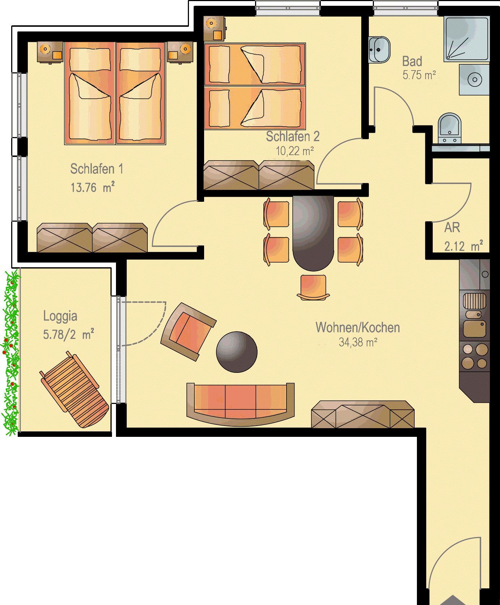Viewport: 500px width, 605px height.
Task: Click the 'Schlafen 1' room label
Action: [x=96, y=169]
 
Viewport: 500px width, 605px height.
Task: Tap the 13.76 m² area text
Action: [x=93, y=188]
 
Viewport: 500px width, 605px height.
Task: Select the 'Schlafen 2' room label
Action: [x=293, y=136]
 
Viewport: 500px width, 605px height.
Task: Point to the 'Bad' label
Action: [x=412, y=61]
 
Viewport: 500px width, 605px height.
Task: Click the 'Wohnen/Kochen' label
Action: [x=358, y=327]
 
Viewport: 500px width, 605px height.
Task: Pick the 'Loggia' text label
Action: [x=60, y=316]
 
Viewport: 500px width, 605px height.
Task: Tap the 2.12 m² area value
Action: [x=464, y=247]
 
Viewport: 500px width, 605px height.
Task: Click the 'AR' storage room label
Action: [x=452, y=227]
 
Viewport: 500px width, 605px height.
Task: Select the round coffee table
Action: [x=237, y=352]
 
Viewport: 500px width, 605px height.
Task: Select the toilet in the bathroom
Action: [x=449, y=129]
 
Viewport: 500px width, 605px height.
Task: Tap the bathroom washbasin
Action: [x=379, y=49]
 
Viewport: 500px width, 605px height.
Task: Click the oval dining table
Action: [x=313, y=233]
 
